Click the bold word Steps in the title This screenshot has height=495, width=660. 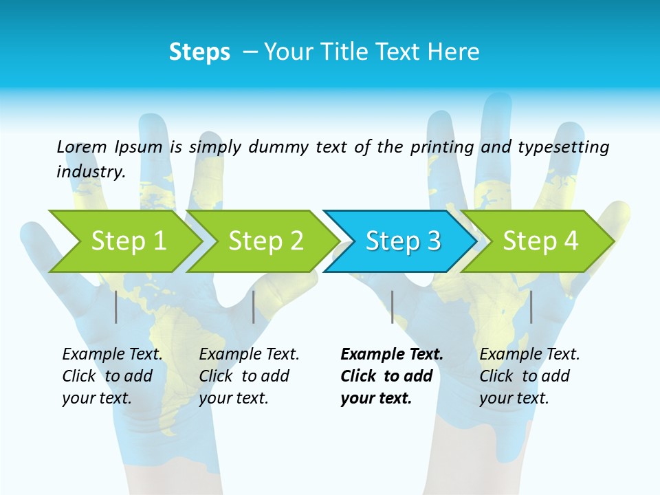(199, 52)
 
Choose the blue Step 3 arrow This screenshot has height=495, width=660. (403, 241)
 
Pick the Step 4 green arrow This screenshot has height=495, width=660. (540, 241)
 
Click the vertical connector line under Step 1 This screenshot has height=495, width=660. (116, 307)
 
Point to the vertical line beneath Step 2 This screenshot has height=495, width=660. (254, 307)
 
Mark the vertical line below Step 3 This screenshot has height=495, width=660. (392, 307)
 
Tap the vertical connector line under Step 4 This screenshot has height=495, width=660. (531, 307)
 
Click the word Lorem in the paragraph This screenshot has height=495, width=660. (81, 146)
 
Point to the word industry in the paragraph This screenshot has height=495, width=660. (90, 171)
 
